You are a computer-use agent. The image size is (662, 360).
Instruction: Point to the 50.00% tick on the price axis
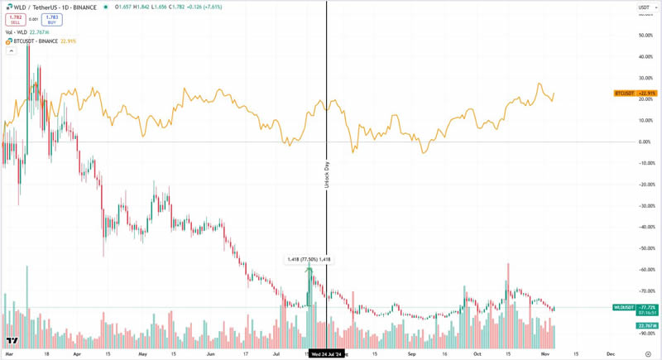click(x=645, y=36)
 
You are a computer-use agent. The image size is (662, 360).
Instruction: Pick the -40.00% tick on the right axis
click(x=645, y=227)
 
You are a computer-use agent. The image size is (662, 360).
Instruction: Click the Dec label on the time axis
click(x=610, y=353)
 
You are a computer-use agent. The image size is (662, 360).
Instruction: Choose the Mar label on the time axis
click(x=7, y=353)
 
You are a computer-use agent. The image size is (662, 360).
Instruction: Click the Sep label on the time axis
click(x=411, y=353)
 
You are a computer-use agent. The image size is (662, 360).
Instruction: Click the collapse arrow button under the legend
click(x=11, y=50)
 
